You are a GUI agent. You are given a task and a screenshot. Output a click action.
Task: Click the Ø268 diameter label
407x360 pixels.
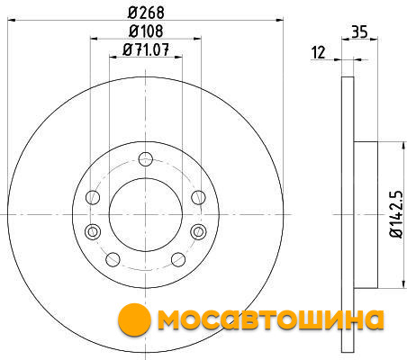(146, 13)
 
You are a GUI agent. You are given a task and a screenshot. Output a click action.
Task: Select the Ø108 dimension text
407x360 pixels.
(146, 31)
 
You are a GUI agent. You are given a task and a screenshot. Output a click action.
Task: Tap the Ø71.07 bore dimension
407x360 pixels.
(146, 49)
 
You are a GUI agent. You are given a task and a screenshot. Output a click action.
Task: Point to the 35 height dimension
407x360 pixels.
(359, 31)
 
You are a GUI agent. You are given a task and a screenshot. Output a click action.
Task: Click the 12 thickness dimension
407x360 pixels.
(319, 52)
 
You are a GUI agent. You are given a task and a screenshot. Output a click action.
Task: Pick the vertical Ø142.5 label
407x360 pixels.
(396, 214)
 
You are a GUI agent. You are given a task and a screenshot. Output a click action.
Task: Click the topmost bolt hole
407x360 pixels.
(146, 159)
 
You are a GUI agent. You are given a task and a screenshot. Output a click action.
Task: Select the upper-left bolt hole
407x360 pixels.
(93, 197)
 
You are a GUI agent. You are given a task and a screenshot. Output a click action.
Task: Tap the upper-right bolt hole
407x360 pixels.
(198, 197)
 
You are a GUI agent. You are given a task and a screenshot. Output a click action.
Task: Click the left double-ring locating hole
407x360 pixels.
(93, 231)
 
